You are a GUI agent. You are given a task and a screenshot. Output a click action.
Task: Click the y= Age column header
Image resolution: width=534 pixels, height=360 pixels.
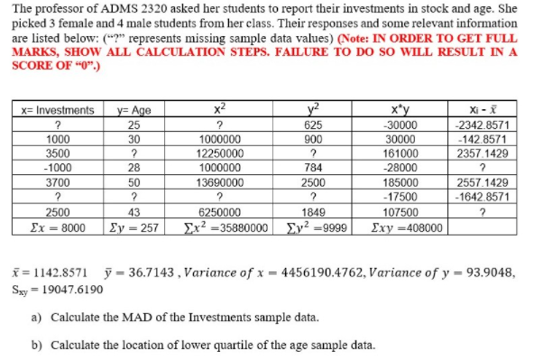pyautogui.click(x=133, y=110)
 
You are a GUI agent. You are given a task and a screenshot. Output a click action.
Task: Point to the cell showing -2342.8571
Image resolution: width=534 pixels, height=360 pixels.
pyautogui.click(x=485, y=125)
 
